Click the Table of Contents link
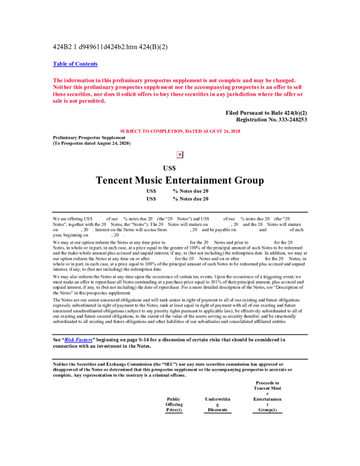click(x=75, y=64)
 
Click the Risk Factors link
click(x=81, y=339)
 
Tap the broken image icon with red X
click(x=180, y=154)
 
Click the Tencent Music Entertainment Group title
click(x=179, y=180)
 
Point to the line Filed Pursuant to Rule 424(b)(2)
click(x=266, y=112)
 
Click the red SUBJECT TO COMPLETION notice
click(x=179, y=130)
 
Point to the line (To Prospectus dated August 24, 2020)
click(x=92, y=143)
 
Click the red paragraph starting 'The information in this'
click(x=176, y=91)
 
